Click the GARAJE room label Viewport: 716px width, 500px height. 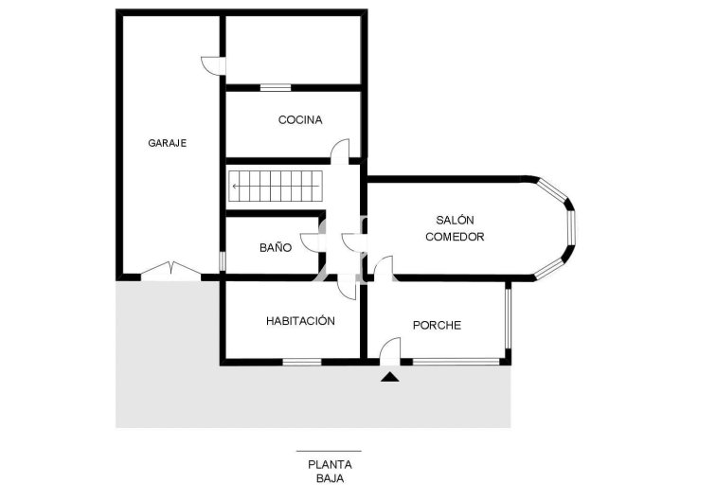pos(167,143)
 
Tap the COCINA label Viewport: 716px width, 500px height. pos(300,119)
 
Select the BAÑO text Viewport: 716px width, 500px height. pos(276,247)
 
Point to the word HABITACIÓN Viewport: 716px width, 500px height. pos(300,321)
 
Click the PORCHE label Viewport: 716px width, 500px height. pos(437,325)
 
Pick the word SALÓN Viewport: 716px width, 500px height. pos(455,220)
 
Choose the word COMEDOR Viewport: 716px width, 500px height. pos(455,237)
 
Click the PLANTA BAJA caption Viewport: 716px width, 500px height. pos(330,472)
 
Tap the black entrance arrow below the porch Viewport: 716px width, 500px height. pos(389,377)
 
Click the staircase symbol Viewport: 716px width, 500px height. pos(276,186)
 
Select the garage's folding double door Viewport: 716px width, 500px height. pos(170,271)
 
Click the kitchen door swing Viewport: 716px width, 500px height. pos(340,152)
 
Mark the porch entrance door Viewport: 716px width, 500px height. pos(390,350)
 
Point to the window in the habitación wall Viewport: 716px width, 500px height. pos(302,362)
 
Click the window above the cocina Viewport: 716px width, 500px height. pos(276,88)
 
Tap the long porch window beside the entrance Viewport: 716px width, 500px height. pos(456,362)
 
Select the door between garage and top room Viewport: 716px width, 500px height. pos(213,65)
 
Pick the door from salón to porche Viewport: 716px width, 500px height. pos(384,268)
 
